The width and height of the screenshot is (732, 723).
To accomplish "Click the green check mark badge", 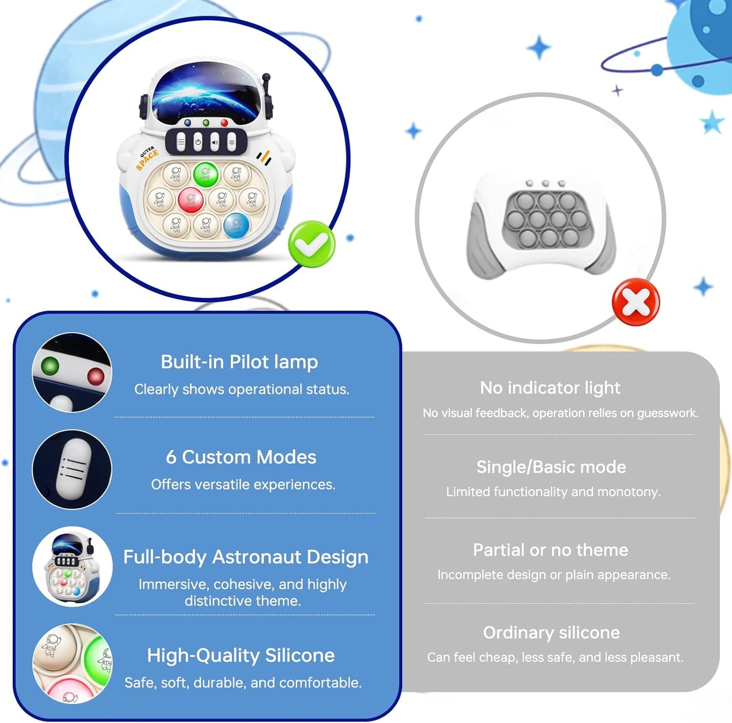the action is (x=312, y=244).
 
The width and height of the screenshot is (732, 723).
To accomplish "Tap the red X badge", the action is (x=636, y=302).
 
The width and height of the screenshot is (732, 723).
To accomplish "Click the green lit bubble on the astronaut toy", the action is (x=205, y=174).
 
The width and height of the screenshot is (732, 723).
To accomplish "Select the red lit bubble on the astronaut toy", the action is (x=190, y=199).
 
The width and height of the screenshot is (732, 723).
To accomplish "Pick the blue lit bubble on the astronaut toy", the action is (x=236, y=225).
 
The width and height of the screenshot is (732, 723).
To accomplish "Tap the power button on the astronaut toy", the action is (x=198, y=142).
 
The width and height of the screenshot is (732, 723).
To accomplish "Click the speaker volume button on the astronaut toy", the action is (x=215, y=142).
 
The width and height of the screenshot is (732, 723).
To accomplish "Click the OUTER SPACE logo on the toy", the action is (x=146, y=158).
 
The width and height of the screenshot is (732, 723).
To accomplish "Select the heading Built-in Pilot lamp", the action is (x=239, y=361).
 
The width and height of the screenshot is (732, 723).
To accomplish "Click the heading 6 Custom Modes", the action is (x=241, y=457).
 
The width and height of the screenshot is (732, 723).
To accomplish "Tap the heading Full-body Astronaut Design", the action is (x=246, y=557).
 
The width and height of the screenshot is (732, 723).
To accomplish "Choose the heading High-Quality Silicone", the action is (x=241, y=655).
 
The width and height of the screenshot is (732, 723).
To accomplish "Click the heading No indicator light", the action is (x=550, y=388).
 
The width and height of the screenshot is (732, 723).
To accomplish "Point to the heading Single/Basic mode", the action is (x=551, y=467).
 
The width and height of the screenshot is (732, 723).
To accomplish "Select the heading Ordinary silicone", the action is (x=552, y=633).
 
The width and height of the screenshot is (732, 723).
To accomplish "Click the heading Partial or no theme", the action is (x=551, y=550).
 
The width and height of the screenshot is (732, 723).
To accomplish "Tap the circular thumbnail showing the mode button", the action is (x=72, y=469).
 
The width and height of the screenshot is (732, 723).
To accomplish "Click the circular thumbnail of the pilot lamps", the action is (x=72, y=372).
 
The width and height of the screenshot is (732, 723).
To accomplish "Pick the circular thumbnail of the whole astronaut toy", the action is (x=72, y=566).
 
